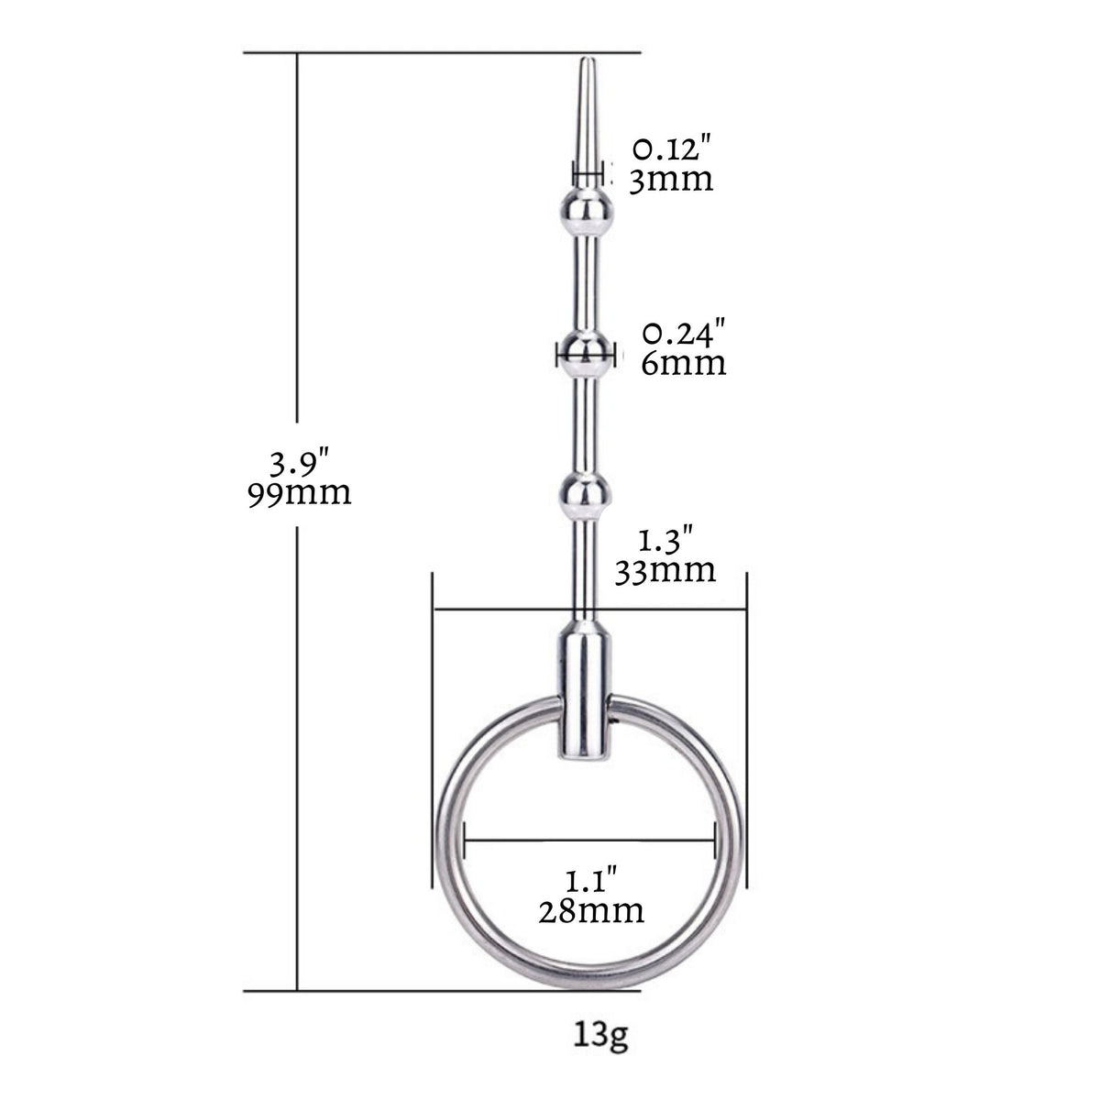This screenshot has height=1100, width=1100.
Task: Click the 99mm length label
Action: point(300,494)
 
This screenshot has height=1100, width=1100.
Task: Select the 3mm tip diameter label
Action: point(671,180)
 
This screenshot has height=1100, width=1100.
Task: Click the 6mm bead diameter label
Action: point(683,362)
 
